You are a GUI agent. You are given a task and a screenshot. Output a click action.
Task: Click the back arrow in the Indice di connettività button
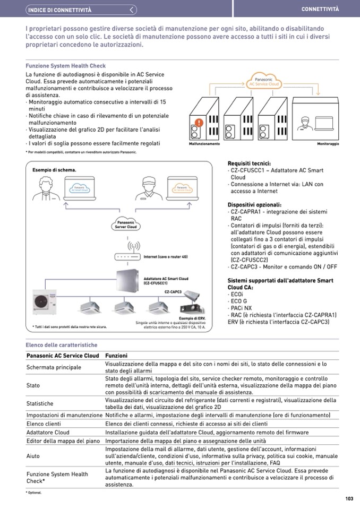[133, 10]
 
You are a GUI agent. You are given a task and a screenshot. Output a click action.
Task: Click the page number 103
[349, 498]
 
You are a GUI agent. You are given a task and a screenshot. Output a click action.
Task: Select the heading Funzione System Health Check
[66, 66]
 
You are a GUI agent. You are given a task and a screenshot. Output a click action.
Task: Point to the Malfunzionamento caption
[204, 144]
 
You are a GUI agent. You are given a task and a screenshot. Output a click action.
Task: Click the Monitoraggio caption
[328, 144]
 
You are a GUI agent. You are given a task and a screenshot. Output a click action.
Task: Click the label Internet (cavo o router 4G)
[166, 257]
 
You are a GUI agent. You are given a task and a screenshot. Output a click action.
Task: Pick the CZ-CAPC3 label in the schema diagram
[173, 292]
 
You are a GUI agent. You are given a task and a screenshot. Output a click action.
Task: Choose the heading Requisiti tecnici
[249, 163]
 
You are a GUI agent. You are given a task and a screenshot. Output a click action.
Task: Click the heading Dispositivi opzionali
[254, 205]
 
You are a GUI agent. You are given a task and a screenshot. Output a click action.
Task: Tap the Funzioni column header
[116, 356]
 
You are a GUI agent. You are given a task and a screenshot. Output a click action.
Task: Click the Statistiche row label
[40, 403]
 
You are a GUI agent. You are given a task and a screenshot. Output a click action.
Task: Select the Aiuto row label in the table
[33, 456]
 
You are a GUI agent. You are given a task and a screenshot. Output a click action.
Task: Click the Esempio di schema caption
[54, 170]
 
